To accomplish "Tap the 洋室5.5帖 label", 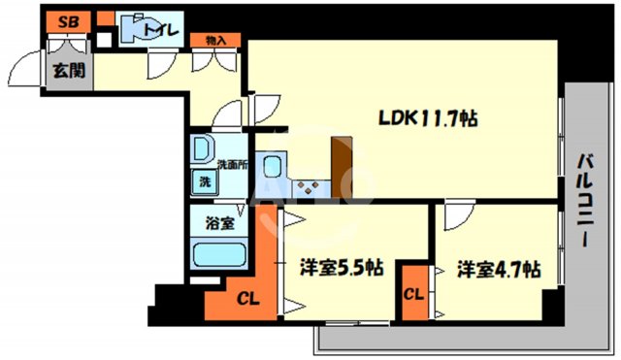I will (339, 267).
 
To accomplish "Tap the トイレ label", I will (161, 30).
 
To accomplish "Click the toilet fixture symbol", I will (131, 27).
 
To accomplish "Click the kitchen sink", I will (276, 165).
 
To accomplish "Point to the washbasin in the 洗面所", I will (203, 150).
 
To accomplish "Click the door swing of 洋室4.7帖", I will (455, 219).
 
